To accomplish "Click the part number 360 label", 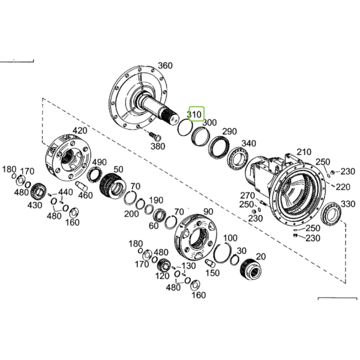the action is [x=166, y=65].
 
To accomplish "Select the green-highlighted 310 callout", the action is [x=196, y=113].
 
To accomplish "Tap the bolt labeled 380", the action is [x=155, y=136].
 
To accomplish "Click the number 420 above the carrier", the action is [x=80, y=131].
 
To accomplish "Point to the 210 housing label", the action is [x=304, y=152].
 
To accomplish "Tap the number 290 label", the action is [x=230, y=131].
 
